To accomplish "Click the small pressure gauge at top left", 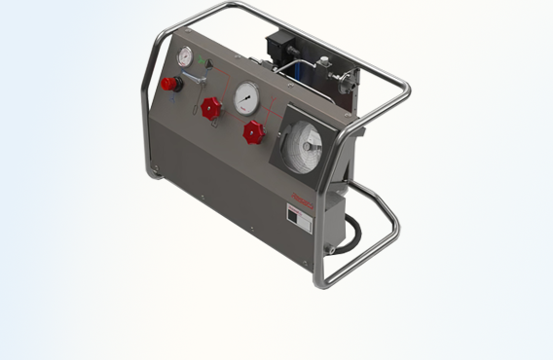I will [x=184, y=55].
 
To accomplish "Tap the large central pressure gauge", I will [x=247, y=97].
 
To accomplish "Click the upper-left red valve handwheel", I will [x=211, y=108].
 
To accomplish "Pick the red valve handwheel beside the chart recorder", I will [x=253, y=132].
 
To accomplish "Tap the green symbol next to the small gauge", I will [x=203, y=61].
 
